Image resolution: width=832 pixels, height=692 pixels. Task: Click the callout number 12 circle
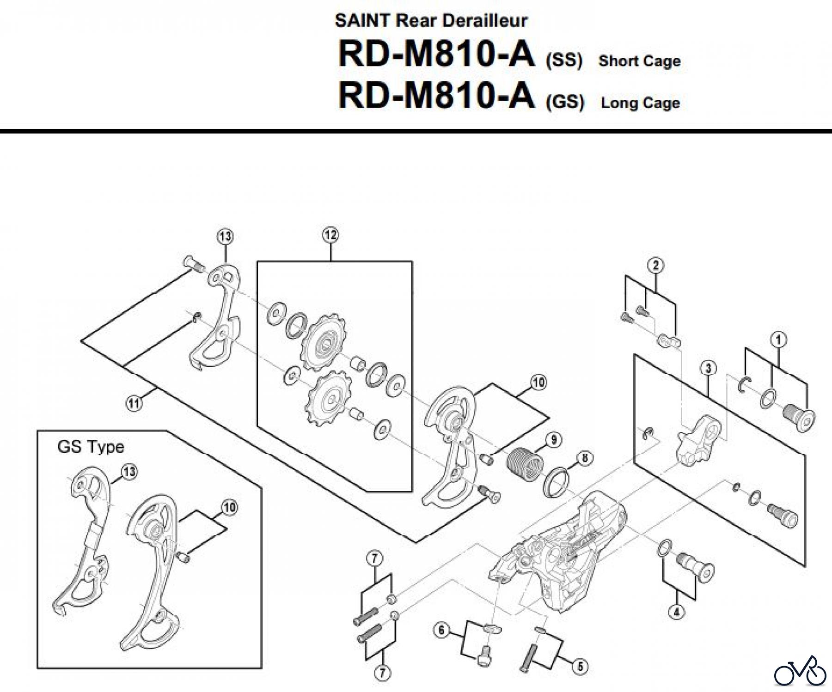pyautogui.click(x=330, y=235)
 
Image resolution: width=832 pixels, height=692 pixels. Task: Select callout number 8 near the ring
pyautogui.click(x=585, y=458)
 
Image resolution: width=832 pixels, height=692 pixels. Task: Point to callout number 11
pyautogui.click(x=134, y=404)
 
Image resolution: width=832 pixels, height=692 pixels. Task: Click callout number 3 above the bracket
pyautogui.click(x=708, y=368)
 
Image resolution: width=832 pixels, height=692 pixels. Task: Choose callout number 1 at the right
pyautogui.click(x=778, y=340)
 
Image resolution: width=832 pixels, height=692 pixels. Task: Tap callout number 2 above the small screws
pyautogui.click(x=655, y=265)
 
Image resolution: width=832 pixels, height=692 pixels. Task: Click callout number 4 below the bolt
pyautogui.click(x=676, y=613)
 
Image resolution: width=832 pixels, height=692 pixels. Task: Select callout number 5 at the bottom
pyautogui.click(x=580, y=666)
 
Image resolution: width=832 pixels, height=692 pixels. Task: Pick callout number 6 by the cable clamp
pyautogui.click(x=441, y=630)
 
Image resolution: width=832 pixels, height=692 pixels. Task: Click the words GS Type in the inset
pyautogui.click(x=91, y=447)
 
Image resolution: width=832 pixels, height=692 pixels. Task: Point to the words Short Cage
pyautogui.click(x=639, y=61)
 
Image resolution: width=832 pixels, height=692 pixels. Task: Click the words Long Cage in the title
pyautogui.click(x=640, y=103)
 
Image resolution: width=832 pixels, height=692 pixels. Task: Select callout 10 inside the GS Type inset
pyautogui.click(x=229, y=507)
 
